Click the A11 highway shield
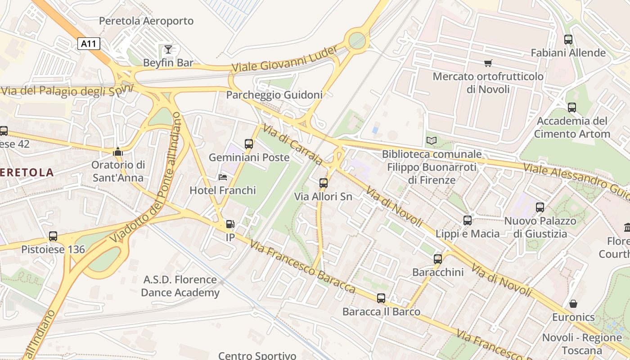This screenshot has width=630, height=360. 88,44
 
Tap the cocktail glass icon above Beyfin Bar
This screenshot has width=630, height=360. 168,49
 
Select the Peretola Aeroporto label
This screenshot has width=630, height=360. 146,21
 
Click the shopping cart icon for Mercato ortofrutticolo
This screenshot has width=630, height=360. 488,63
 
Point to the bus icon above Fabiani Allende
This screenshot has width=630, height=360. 568,40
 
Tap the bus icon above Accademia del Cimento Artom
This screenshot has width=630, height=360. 571,108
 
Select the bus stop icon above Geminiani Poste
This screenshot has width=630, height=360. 249,144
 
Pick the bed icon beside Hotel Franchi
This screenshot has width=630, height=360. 223,177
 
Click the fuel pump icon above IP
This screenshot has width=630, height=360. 230,224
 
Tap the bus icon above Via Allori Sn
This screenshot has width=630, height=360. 323,183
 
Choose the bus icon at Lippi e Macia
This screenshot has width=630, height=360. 468,220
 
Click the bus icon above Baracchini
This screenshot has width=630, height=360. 438,259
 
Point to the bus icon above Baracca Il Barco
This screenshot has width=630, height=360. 381,298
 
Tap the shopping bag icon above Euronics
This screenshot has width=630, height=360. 573,304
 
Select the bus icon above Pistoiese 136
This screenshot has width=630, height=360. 53,236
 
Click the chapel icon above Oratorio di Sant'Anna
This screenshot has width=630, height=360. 118,152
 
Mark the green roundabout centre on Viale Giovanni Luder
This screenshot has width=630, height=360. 357,40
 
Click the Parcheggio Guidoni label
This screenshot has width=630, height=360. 274,95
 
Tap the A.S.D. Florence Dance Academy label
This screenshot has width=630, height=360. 180,286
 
